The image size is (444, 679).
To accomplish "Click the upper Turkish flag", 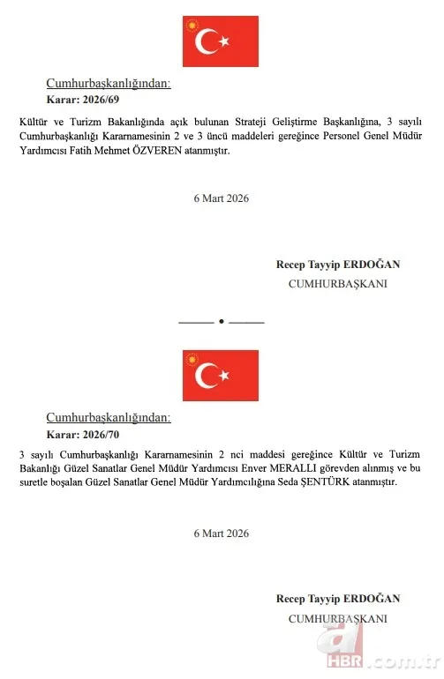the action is point(221,41).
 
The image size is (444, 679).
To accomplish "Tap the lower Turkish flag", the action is point(221,376).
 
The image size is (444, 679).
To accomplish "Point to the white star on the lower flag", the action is point(224,377).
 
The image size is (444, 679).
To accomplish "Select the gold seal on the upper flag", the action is point(192,24).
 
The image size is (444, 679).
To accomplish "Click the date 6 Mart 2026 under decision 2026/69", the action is point(222,198).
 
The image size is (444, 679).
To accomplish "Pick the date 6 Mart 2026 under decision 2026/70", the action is point(222,533).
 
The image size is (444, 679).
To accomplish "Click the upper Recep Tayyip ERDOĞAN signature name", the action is point(337,265).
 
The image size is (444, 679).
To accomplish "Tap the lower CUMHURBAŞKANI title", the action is point(337,619).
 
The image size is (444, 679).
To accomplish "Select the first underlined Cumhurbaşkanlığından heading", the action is point(109,84).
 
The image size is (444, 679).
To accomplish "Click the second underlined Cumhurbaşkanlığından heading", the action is point(109,418).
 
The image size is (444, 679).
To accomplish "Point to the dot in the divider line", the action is point(222,322).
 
